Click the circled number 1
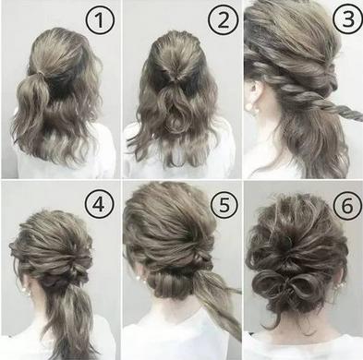point(100,21)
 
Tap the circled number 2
point(224,21)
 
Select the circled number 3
point(348,18)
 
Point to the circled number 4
point(100,204)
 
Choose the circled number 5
point(224,204)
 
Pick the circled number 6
point(347,205)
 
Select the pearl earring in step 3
point(255,108)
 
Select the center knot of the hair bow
point(288,283)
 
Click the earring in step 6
point(339,284)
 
